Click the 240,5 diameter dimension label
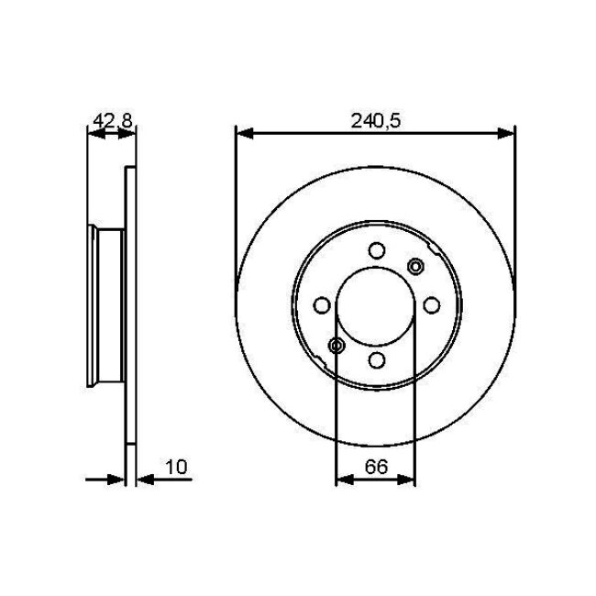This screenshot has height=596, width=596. pyautogui.click(x=376, y=118)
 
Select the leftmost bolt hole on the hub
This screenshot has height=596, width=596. pyautogui.click(x=322, y=305)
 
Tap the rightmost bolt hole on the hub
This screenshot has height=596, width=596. pyautogui.click(x=430, y=305)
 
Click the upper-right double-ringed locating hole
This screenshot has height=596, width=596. pyautogui.click(x=414, y=267)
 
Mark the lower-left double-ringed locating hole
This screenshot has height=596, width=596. pyautogui.click(x=337, y=345)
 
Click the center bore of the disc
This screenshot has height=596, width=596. pyautogui.click(x=376, y=305)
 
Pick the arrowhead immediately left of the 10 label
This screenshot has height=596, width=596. pyautogui.click(x=144, y=479)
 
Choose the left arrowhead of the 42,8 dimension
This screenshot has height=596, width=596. pyautogui.click(x=94, y=134)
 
